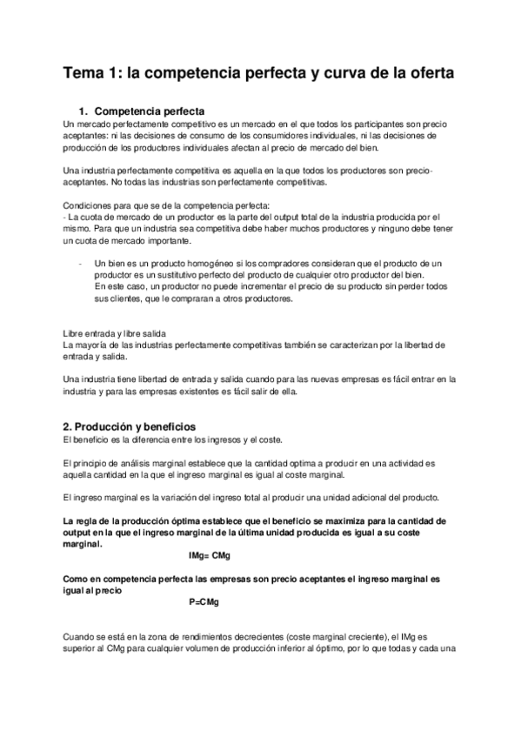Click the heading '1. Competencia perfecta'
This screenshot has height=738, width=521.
141,112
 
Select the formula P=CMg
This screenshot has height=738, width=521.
204,601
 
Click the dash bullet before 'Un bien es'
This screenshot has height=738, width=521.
80,263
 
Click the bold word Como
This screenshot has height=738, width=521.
77,578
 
